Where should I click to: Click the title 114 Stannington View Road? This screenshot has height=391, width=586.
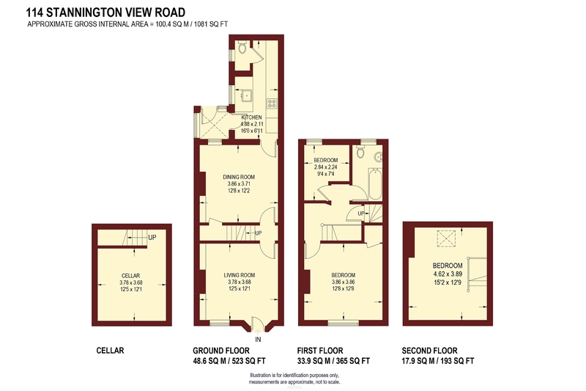coord(105,12)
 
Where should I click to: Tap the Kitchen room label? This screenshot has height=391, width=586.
coord(251,117)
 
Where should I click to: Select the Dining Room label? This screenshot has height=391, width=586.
coord(239,177)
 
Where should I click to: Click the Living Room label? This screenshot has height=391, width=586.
coord(240,275)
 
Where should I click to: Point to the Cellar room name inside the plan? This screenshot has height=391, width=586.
coord(131,276)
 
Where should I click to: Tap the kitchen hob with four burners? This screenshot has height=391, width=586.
coord(272,103)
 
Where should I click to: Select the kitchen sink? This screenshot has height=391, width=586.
coord(247,95)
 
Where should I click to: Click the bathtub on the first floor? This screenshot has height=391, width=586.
coord(375,184)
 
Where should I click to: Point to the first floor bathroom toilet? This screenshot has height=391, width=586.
coord(360,151)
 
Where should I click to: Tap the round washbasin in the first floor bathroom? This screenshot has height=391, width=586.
coord(379,157)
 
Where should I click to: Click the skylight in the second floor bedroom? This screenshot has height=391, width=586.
coord(446,238)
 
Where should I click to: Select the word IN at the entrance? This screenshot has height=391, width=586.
coord(258,340)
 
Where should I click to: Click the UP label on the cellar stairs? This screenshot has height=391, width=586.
coord(152,238)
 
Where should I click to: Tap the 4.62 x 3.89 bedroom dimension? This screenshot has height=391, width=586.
coord(448,274)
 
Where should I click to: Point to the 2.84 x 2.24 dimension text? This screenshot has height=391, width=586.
coord(325,167)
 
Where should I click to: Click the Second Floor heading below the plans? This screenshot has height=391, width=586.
coord(429,351)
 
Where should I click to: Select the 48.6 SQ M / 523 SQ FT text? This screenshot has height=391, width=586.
coord(229,361)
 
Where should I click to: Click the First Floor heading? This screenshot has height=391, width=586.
coord(320,351)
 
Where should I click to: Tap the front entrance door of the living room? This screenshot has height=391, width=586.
coord(258,324)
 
